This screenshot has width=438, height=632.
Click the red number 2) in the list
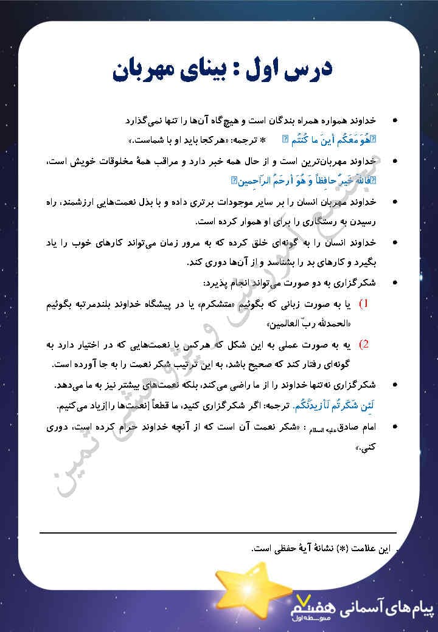[x=364, y=345]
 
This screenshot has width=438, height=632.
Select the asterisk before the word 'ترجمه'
[x=262, y=140]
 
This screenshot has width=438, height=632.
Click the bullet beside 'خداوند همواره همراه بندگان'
[x=395, y=120]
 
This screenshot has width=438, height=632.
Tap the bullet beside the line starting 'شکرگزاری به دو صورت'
[x=395, y=283]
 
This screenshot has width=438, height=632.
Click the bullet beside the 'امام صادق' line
[x=395, y=427]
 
